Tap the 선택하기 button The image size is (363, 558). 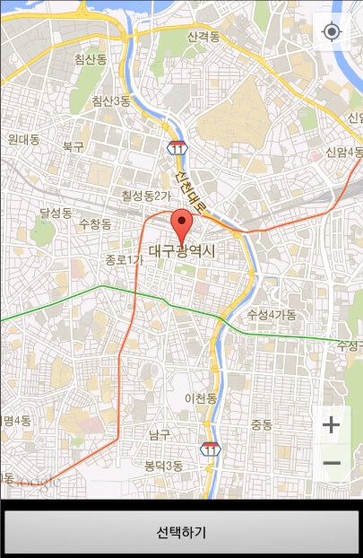181,532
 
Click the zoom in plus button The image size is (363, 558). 332,424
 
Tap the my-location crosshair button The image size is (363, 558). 332,32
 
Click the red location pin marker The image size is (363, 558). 182,224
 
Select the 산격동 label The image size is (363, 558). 204,37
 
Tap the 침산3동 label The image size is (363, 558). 111,101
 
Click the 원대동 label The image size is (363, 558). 23,139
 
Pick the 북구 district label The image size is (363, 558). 73,145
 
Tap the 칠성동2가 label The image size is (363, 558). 145,195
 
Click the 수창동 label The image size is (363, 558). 95,223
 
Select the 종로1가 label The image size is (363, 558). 124,260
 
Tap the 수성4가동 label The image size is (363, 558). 272,314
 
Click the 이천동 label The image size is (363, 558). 201,397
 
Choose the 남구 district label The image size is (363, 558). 160,434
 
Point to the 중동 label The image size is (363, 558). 262,423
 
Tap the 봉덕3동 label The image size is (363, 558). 163,466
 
